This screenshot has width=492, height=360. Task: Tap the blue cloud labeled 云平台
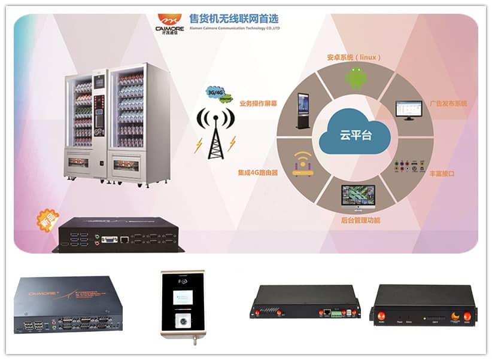pos(354,135)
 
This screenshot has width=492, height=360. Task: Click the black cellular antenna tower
pos(214,134)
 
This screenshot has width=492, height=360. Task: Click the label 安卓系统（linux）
pos(353,57)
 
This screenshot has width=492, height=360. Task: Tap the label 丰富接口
pos(442,174)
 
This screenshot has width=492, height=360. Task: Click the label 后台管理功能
pos(356,221)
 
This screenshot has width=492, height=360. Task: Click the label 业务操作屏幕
pos(258,103)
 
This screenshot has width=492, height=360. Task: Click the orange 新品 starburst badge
pos(48,221)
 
